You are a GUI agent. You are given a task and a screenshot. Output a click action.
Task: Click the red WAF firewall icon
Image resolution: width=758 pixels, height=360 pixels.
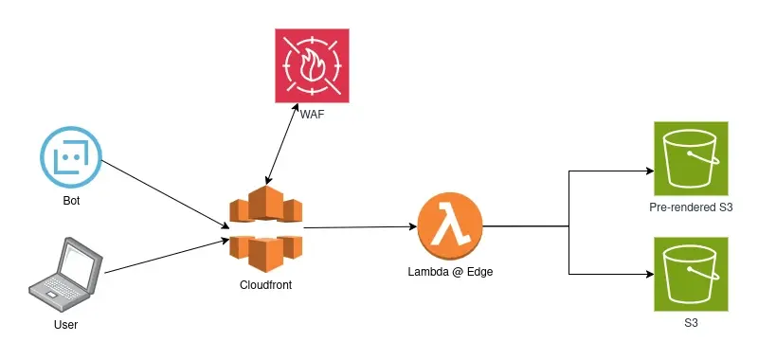[x=311, y=66]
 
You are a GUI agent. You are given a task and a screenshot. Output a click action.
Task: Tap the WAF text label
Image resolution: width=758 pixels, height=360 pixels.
[x=312, y=115]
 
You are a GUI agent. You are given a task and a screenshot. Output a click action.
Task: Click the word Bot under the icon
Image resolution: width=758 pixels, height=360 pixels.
[x=70, y=200]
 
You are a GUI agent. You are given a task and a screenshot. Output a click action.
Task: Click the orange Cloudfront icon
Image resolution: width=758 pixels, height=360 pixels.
[x=264, y=227]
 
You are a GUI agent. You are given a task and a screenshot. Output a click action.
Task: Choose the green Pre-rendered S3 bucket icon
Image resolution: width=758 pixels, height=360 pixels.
[x=692, y=156]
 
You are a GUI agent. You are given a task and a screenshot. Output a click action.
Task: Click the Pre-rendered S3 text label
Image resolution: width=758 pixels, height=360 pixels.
[x=692, y=207]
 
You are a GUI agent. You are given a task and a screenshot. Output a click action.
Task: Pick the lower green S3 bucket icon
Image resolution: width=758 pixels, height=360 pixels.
[x=692, y=274]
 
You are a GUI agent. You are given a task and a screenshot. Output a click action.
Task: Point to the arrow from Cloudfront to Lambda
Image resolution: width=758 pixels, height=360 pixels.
[x=360, y=227]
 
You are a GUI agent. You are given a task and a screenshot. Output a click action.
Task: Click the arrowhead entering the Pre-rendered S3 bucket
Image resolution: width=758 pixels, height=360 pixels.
[x=650, y=172]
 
